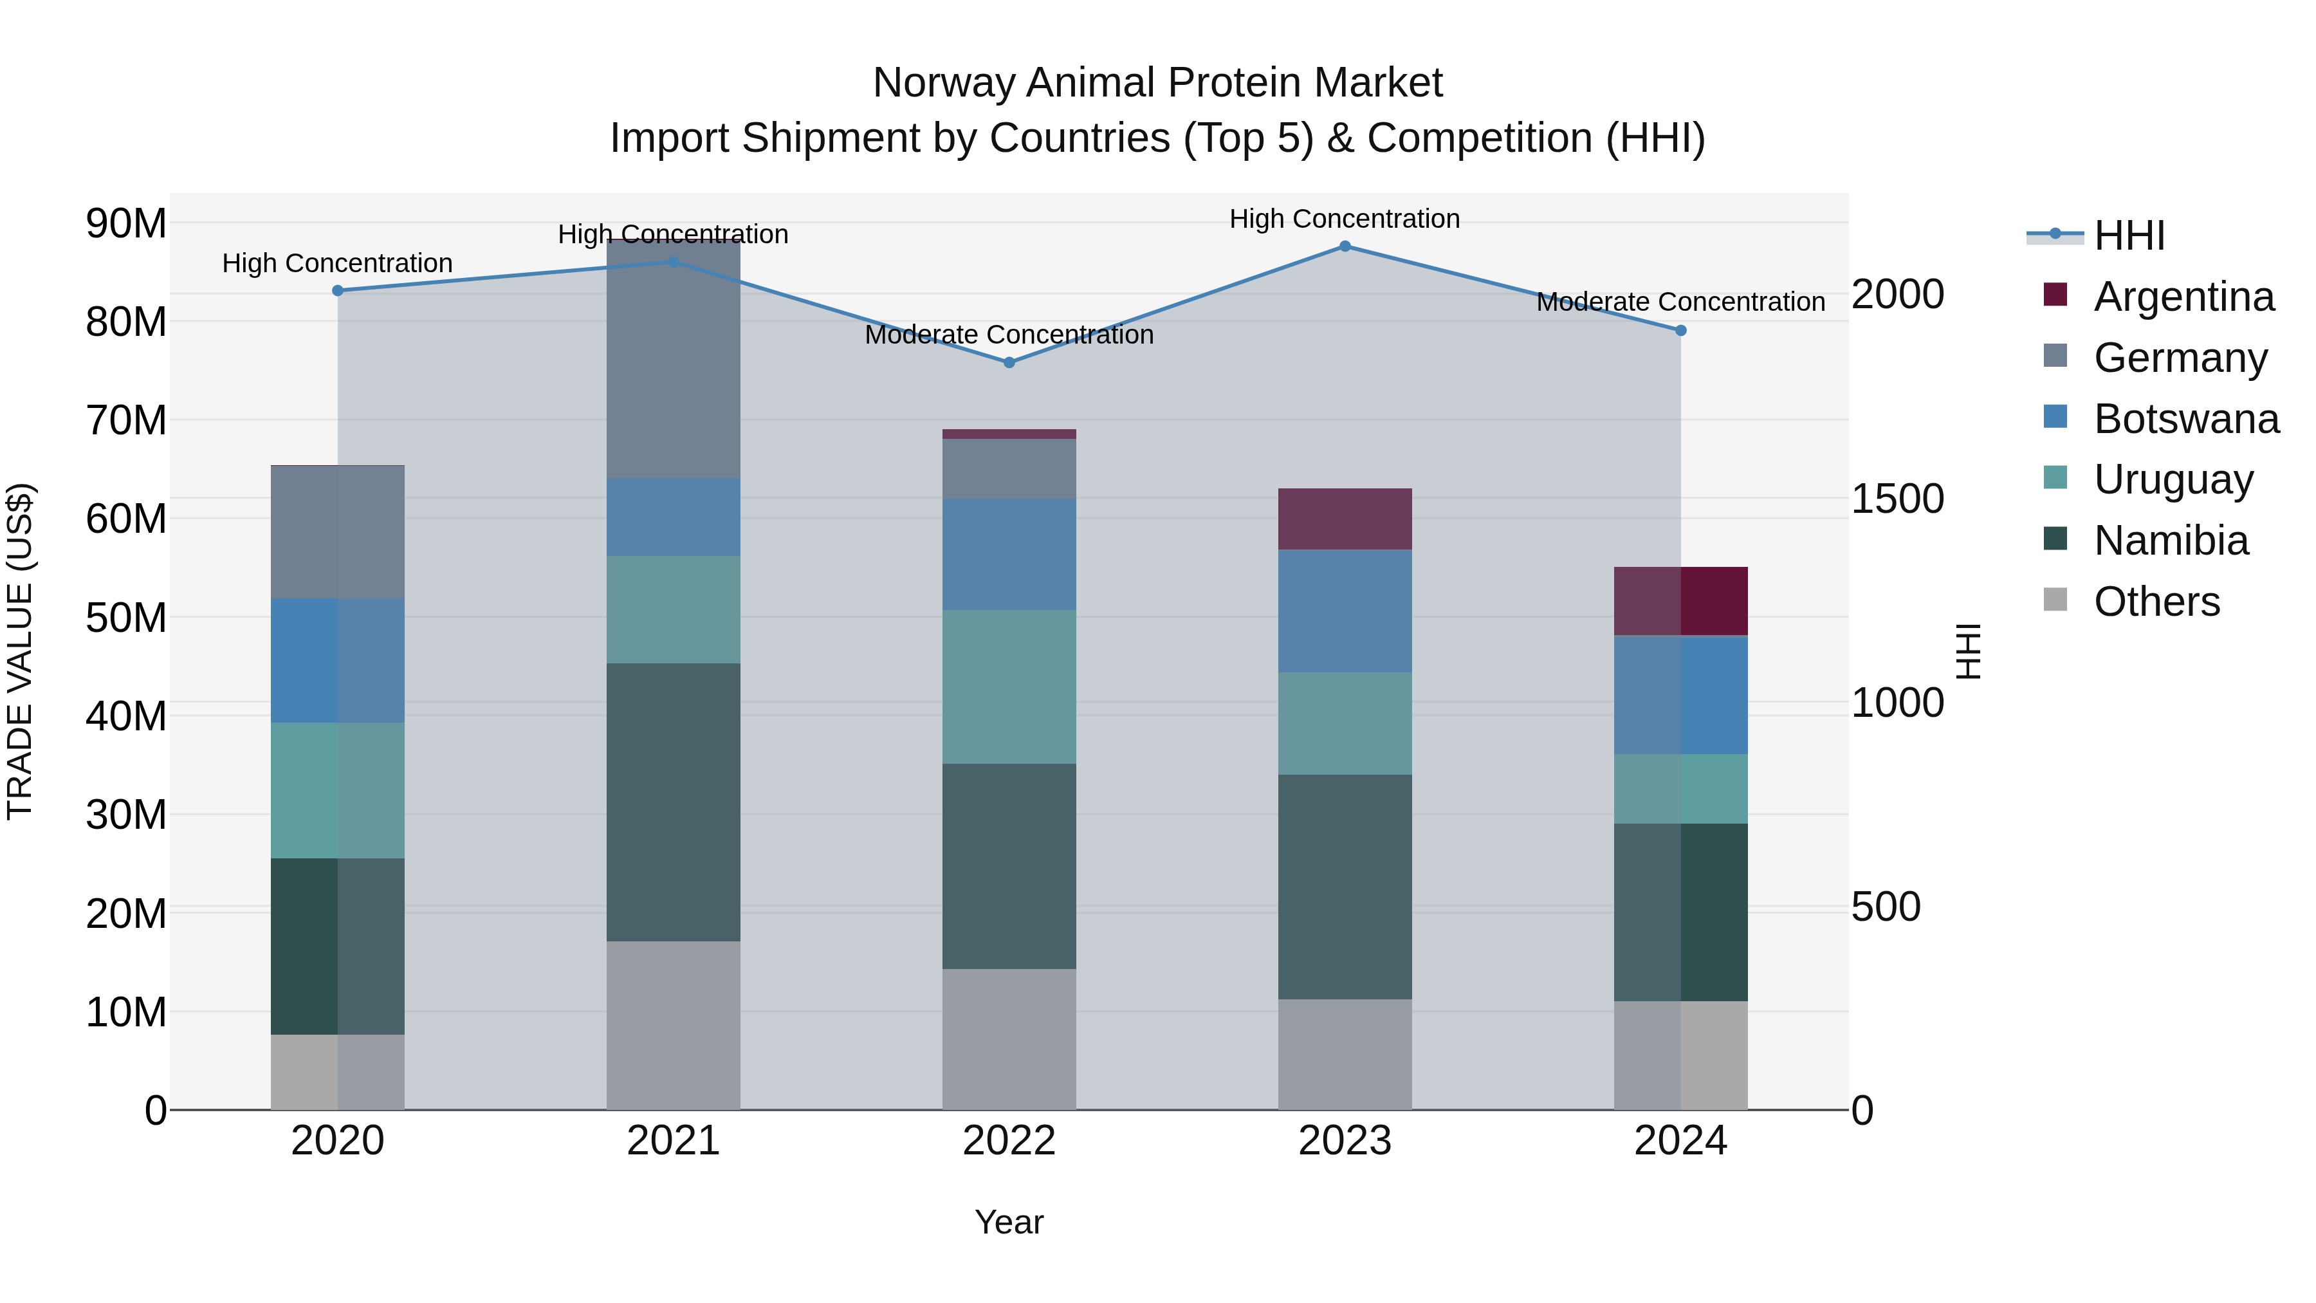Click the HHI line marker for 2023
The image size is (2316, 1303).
tap(1345, 246)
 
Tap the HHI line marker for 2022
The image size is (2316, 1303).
tap(1009, 362)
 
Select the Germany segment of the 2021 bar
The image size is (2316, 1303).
tap(674, 360)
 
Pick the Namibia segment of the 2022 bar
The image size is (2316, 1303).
tap(1009, 866)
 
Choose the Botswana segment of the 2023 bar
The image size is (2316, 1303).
tap(1345, 611)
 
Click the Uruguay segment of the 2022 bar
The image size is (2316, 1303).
tap(1009, 687)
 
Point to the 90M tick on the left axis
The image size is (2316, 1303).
tap(126, 223)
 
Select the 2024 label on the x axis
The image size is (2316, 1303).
tap(1680, 1141)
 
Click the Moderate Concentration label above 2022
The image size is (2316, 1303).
tap(1009, 335)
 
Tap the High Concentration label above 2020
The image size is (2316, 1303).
tap(337, 263)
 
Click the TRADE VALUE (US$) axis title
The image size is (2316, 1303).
tap(20, 651)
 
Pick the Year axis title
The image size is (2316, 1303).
tap(1009, 1222)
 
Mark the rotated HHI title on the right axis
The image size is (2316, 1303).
tap(1969, 651)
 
